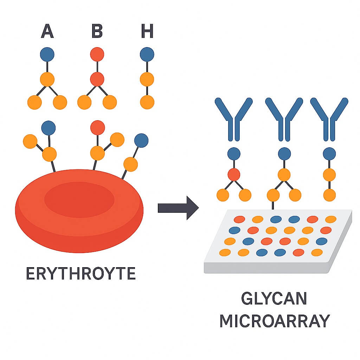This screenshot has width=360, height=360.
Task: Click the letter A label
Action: [47, 31]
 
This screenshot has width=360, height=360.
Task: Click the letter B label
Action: [97, 31]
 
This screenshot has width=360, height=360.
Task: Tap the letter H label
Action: [147, 31]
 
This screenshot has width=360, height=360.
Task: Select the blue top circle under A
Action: [47, 54]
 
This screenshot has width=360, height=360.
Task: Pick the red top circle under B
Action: [97, 54]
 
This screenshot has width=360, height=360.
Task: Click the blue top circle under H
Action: [147, 54]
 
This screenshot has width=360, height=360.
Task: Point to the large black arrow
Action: [178, 208]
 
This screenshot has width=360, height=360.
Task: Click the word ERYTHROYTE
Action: [81, 274]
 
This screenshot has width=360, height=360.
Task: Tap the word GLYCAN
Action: [274, 299]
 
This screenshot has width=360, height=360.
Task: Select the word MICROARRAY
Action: [275, 321]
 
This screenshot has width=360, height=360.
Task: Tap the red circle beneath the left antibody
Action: [234, 174]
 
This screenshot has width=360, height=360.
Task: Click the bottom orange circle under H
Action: [147, 102]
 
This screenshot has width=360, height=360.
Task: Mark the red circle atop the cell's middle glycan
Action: [97, 128]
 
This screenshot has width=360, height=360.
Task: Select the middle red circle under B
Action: [97, 79]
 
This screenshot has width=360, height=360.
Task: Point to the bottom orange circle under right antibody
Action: [329, 195]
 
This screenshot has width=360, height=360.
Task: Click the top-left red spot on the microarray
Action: [239, 219]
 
